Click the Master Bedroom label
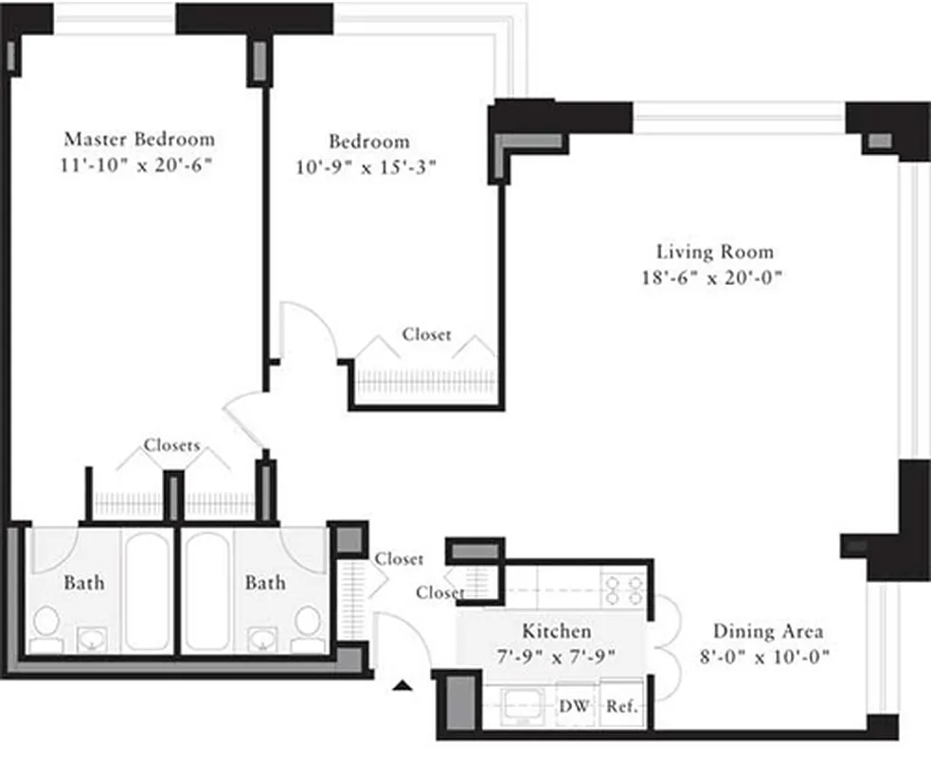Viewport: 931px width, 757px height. pyautogui.click(x=139, y=138)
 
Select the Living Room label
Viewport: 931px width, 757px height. pyautogui.click(x=715, y=252)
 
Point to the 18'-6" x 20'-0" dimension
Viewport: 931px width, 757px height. pyautogui.click(x=715, y=278)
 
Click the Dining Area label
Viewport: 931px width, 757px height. pyautogui.click(x=767, y=631)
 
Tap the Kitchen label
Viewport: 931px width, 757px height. pyautogui.click(x=557, y=630)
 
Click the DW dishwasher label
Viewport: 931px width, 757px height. pyautogui.click(x=572, y=706)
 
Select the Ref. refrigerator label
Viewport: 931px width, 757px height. pyautogui.click(x=621, y=706)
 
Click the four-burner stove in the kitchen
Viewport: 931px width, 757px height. pyautogui.click(x=623, y=590)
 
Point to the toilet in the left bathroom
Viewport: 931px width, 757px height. pyautogui.click(x=45, y=624)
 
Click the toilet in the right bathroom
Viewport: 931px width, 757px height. pyautogui.click(x=307, y=624)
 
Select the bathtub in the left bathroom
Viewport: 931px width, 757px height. pyautogui.click(x=148, y=590)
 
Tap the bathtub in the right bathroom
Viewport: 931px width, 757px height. pyautogui.click(x=207, y=590)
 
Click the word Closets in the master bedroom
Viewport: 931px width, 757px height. pyautogui.click(x=171, y=445)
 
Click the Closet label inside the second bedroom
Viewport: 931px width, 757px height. pyautogui.click(x=426, y=334)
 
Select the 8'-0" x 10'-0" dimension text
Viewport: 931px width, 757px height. pyautogui.click(x=767, y=657)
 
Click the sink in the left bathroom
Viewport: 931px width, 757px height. pyautogui.click(x=93, y=641)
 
